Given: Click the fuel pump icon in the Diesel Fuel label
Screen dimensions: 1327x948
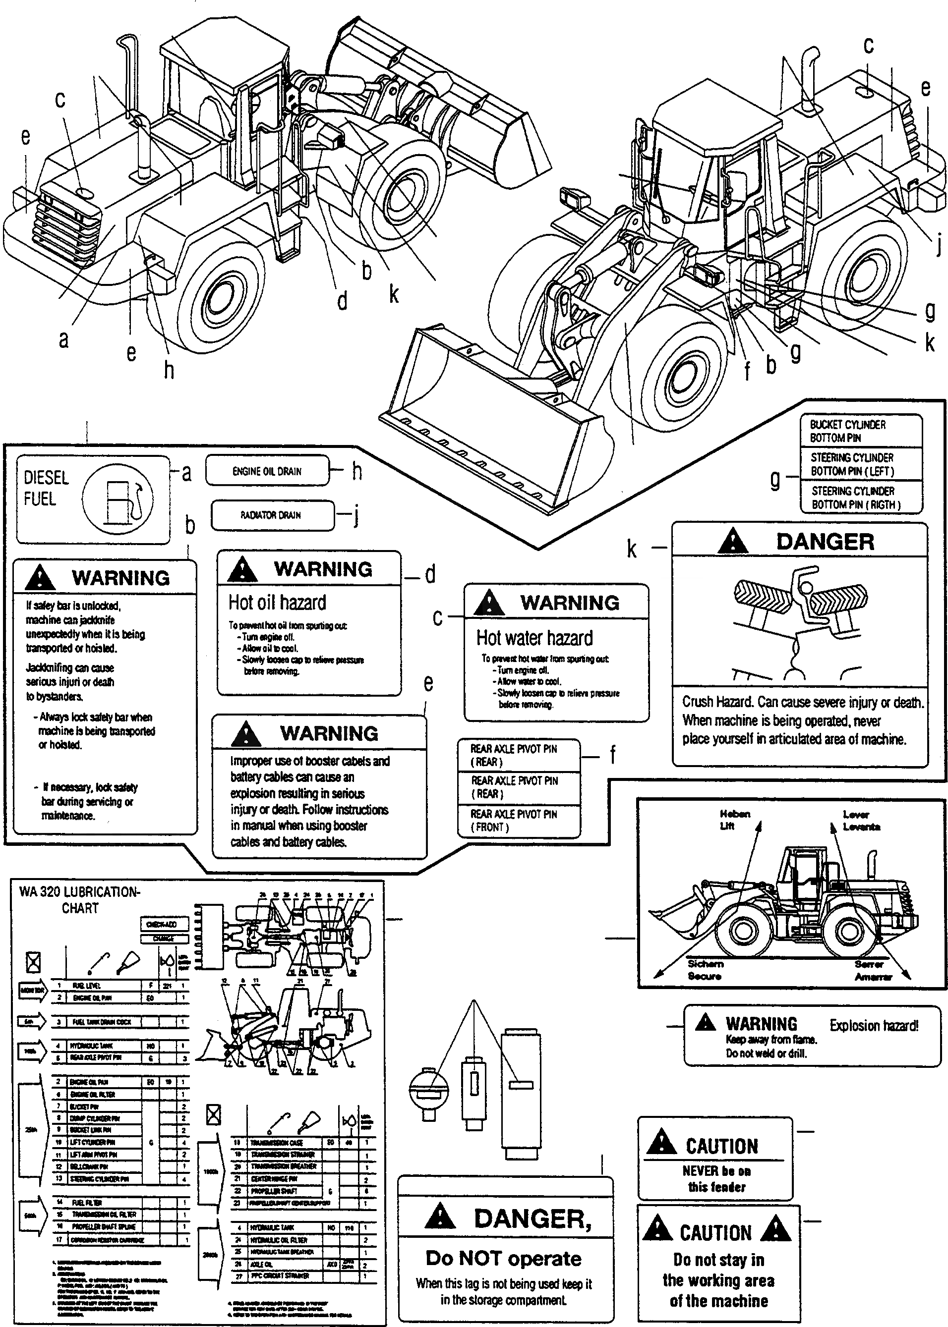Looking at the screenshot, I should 118,499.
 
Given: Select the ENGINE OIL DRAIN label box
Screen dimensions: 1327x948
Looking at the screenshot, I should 267,471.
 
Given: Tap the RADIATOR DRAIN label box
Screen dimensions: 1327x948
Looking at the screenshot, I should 273,515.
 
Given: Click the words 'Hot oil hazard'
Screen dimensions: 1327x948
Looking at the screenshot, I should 277,603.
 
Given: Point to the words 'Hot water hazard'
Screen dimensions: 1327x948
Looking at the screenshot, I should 534,638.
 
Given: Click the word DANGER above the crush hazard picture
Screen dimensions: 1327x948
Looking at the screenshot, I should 825,542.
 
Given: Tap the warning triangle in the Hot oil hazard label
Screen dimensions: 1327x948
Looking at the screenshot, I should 242,570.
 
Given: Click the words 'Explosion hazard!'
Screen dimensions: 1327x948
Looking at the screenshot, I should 874,1025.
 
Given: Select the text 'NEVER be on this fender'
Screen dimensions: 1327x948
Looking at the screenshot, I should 717,1179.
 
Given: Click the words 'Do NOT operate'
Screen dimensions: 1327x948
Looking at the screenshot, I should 503,1259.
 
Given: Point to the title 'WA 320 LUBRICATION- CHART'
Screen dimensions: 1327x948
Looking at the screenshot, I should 80,899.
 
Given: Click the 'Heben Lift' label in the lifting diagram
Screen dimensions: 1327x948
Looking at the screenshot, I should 735,820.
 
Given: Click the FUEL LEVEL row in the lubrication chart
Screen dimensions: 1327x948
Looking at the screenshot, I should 105,985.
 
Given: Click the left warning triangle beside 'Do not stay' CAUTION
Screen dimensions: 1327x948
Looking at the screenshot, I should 657,1229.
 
